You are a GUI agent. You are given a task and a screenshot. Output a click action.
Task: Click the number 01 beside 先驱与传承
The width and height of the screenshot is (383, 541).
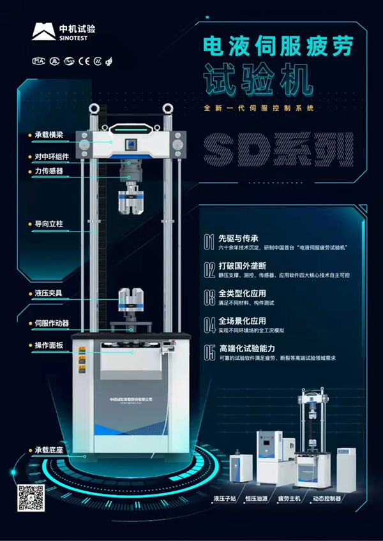pos(209,241)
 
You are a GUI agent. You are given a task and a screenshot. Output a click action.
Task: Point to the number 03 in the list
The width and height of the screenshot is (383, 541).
pos(209,297)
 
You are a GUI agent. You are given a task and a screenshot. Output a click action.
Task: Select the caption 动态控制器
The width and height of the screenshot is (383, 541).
pos(326,498)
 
